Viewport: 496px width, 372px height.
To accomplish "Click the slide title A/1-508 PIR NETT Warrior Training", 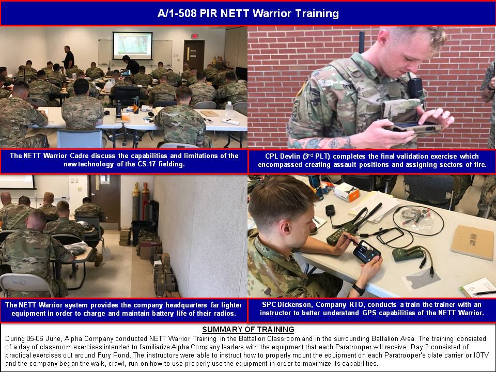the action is [248, 13].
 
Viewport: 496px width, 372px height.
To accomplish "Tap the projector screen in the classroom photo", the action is [133, 45].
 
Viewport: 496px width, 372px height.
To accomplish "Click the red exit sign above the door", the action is [195, 36].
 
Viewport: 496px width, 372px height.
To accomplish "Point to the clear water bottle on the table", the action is [229, 110].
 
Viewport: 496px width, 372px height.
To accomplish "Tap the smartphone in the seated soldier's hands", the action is [367, 252].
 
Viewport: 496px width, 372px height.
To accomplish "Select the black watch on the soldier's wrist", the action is [359, 289].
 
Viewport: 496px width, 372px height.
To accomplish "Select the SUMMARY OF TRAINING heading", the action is [248, 329].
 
